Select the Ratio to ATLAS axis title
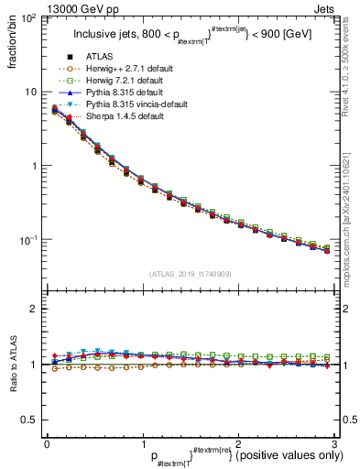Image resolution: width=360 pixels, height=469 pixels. click(13, 365)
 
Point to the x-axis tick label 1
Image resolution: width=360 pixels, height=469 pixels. click(142, 442)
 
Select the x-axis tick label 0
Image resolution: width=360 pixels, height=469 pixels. click(47, 442)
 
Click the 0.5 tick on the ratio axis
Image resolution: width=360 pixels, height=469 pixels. click(30, 420)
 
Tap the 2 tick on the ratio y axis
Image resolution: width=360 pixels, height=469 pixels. click(36, 309)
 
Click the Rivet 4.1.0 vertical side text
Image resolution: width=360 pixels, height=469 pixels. click(353, 64)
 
